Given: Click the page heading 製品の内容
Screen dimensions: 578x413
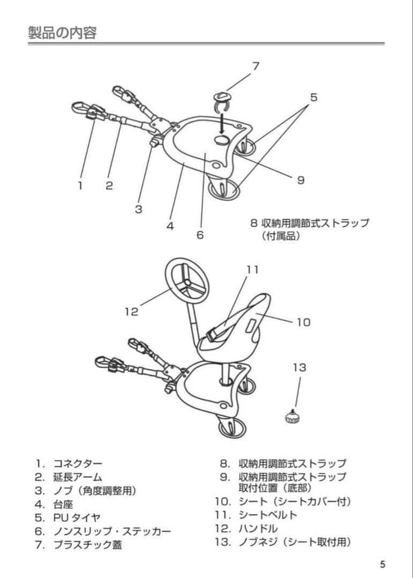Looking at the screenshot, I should point(62,33).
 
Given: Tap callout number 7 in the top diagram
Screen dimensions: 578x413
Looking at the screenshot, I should point(256,66).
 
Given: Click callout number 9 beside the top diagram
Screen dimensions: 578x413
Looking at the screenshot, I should point(301,180).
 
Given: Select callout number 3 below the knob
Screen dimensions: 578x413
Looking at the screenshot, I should point(138,209).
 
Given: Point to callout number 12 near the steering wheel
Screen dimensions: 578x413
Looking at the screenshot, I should point(131,311).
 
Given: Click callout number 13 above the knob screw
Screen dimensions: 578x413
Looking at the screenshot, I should point(299,367).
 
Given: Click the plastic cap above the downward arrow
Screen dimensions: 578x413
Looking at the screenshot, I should point(221,99).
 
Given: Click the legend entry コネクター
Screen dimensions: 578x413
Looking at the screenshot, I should point(77,463).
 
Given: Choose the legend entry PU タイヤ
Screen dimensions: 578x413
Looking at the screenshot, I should point(76,518).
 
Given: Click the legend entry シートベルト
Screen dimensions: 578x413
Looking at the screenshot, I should point(268,515).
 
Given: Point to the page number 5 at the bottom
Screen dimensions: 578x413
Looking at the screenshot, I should point(382,564).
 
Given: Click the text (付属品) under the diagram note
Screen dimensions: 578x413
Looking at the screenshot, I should point(281,236).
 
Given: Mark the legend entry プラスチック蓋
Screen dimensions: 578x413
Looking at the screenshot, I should point(91,545).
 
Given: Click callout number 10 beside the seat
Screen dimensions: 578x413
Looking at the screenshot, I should point(303,322).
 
